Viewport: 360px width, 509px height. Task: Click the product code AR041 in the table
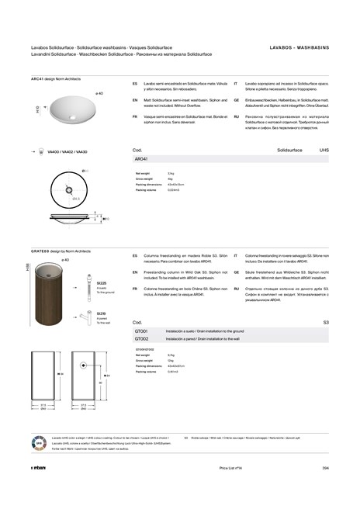[142, 158]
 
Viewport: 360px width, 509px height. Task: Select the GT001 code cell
[141, 331]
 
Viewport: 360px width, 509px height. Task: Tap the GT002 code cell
[141, 339]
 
